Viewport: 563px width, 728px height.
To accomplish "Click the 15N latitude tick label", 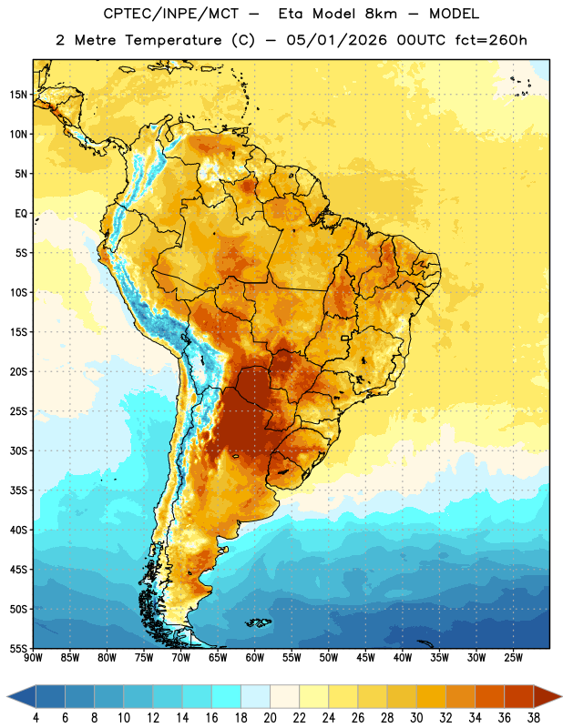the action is (x=18, y=95).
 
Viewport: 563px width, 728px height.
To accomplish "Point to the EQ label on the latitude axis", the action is (x=21, y=214).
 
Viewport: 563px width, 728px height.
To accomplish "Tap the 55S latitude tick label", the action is (x=18, y=648).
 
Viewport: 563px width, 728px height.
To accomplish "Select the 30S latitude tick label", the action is (x=18, y=450).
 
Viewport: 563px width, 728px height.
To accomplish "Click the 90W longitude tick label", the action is (x=33, y=658).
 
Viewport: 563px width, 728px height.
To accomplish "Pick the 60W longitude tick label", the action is (x=255, y=658).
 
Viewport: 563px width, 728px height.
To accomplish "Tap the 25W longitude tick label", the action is (x=513, y=658).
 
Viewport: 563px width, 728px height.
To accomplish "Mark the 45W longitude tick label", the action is (x=365, y=658).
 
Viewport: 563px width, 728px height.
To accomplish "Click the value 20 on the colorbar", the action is (x=270, y=718).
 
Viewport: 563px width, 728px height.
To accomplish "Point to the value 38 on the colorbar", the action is (x=534, y=718).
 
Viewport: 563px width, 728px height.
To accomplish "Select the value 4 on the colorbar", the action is (x=36, y=718).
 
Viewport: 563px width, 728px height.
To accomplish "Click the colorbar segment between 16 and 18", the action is (x=227, y=696).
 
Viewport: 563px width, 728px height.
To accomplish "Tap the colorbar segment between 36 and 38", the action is (x=519, y=696).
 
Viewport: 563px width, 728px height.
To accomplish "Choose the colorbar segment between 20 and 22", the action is (x=284, y=696).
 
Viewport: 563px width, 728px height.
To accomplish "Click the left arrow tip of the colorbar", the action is (x=7, y=696).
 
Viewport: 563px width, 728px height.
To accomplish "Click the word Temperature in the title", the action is (x=173, y=40).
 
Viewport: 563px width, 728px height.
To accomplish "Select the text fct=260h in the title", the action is (x=491, y=40).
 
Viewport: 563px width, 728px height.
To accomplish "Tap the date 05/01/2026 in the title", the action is (x=336, y=40).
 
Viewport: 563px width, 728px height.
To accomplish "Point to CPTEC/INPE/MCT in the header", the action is (x=171, y=14).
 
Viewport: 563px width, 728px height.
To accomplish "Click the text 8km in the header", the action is (x=381, y=14).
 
